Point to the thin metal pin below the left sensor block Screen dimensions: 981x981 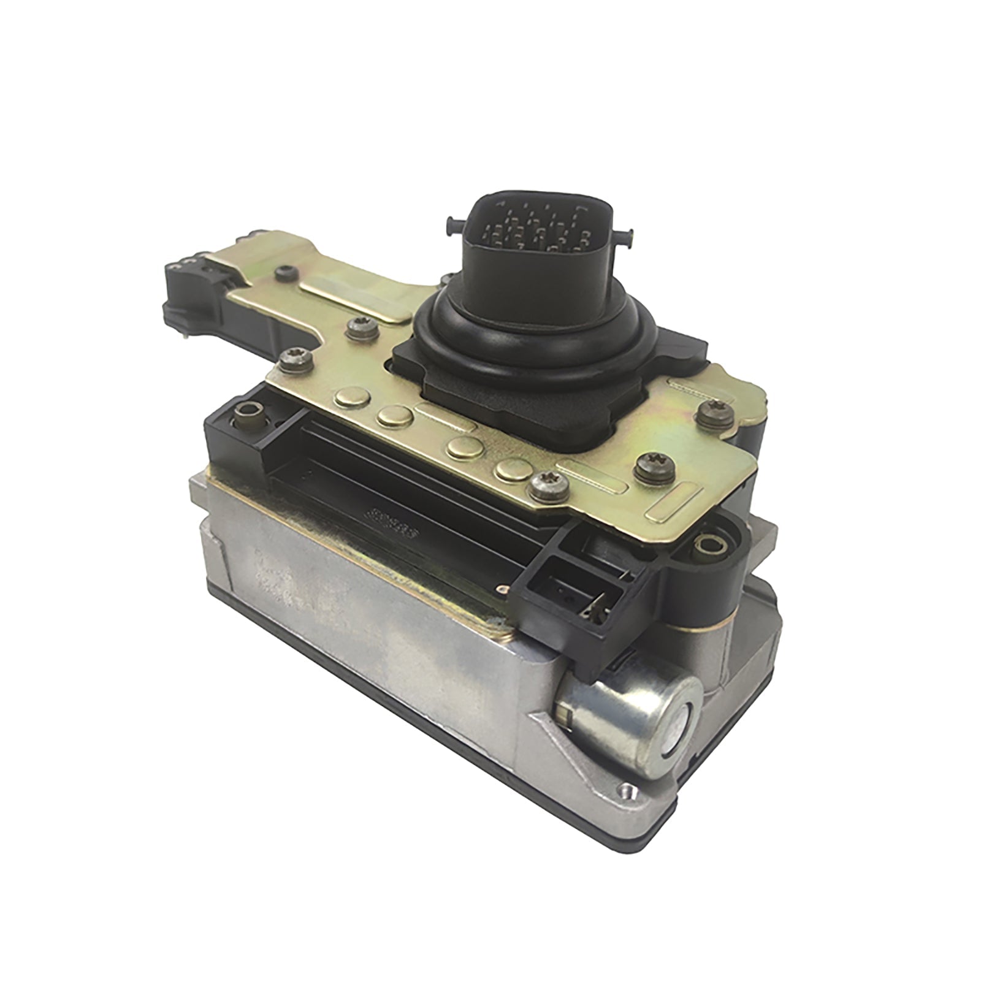(x=186, y=335)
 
